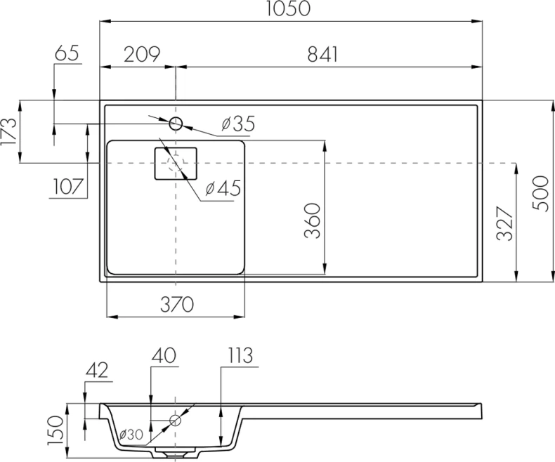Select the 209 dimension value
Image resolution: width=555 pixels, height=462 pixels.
click(143, 54)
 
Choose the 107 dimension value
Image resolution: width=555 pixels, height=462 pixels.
click(67, 187)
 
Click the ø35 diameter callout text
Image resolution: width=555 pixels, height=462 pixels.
click(237, 124)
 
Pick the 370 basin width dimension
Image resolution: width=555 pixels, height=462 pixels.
click(175, 304)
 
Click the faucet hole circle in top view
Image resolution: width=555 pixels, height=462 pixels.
click(176, 124)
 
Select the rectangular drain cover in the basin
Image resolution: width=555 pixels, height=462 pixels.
click(176, 164)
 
